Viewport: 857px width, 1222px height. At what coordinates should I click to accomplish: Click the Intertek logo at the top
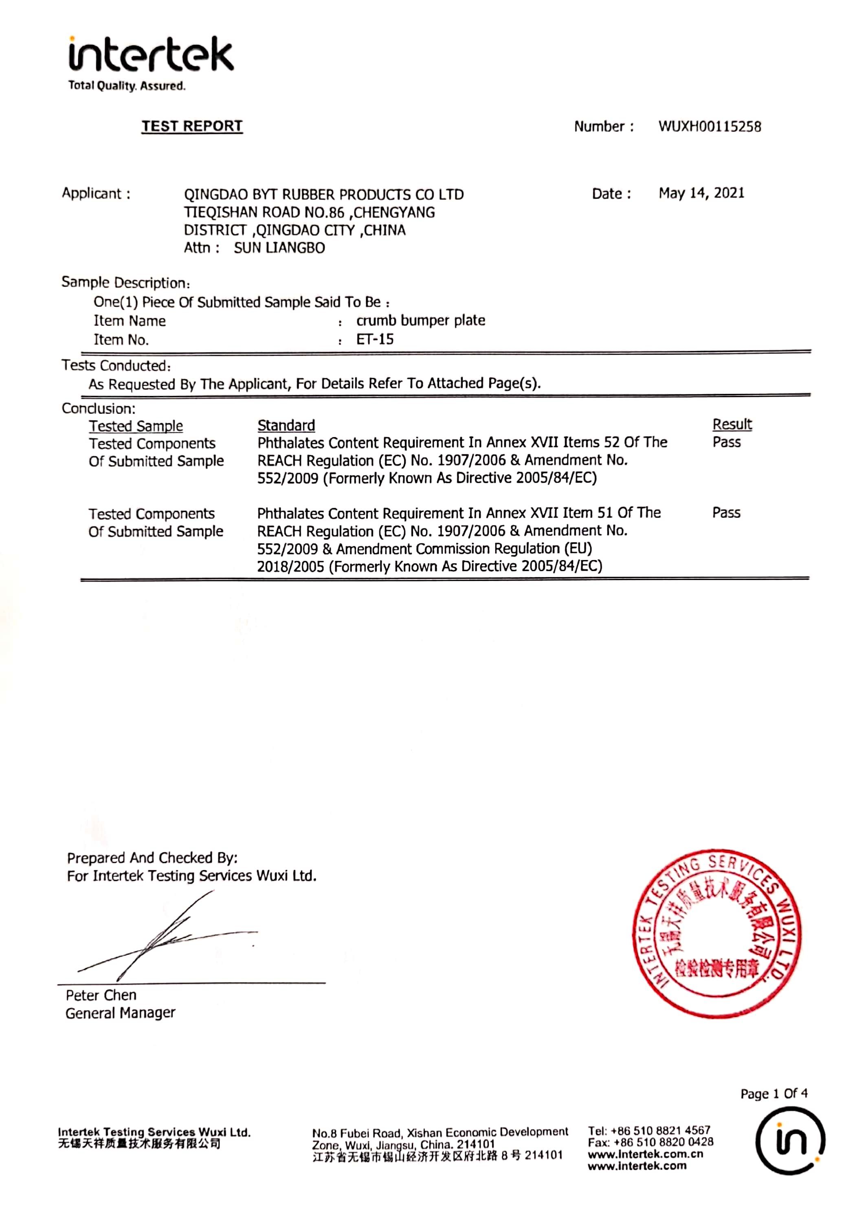click(151, 56)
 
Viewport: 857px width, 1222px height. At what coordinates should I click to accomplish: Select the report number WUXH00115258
click(710, 127)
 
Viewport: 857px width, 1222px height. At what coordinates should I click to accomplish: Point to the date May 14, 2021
click(701, 193)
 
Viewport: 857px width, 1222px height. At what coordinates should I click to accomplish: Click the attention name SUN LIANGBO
click(279, 248)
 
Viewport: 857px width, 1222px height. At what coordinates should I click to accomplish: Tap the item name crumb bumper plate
click(420, 321)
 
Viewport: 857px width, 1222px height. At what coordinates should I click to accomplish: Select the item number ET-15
click(375, 340)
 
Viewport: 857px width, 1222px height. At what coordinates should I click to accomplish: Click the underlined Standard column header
click(286, 425)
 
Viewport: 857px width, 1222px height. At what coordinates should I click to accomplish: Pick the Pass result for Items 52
click(727, 442)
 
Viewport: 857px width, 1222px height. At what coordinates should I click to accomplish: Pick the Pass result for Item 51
click(726, 512)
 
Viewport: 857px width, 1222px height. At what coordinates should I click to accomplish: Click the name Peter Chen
click(101, 995)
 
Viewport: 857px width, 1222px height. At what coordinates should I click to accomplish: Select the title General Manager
click(120, 1013)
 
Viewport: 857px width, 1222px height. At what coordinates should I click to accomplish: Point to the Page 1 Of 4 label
click(773, 1093)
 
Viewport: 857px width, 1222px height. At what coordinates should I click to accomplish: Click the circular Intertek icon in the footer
click(790, 1140)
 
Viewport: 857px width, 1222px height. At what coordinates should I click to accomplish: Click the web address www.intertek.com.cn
click(645, 1154)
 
